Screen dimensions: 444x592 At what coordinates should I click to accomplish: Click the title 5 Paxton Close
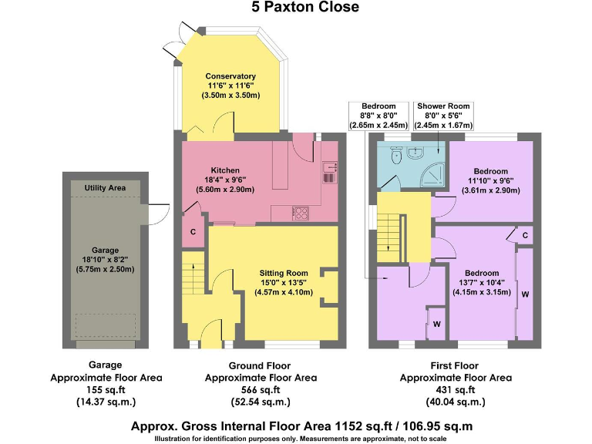coord(295,8)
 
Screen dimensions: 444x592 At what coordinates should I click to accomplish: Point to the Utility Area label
coord(105,187)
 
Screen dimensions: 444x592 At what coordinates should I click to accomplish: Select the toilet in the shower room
coord(395,156)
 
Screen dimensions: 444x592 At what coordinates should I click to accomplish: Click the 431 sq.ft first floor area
coord(456,391)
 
